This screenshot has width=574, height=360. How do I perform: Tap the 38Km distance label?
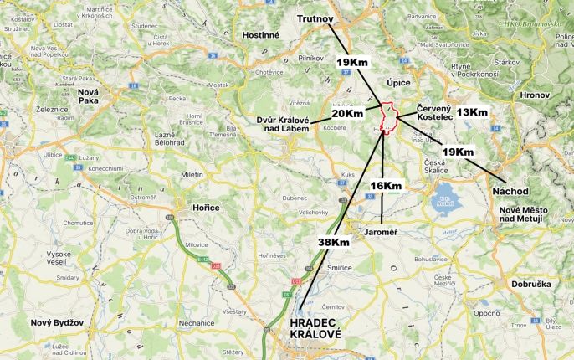(x=333, y=242)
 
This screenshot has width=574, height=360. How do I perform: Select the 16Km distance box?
(x=386, y=185)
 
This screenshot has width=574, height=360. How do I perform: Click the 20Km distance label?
(x=347, y=113)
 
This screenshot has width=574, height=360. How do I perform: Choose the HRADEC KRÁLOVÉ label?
(x=315, y=328)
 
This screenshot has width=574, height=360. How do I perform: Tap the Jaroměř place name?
(x=382, y=227)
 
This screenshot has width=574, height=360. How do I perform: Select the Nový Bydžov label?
(x=54, y=322)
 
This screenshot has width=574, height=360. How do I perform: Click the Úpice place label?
(x=398, y=82)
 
